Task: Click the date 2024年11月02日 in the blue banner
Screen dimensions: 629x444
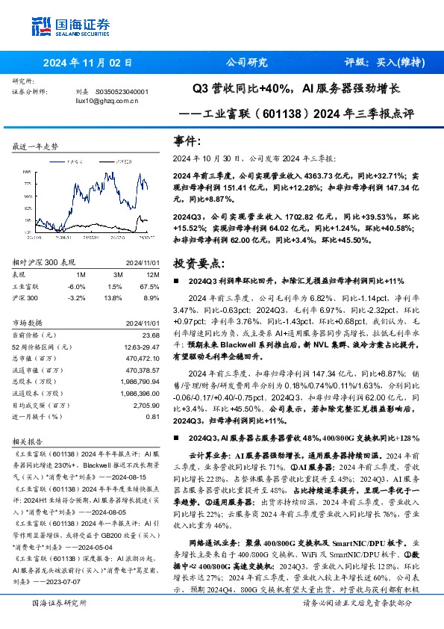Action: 87,63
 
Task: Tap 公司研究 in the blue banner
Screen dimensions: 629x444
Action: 246,63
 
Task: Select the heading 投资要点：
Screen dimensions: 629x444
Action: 198,264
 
